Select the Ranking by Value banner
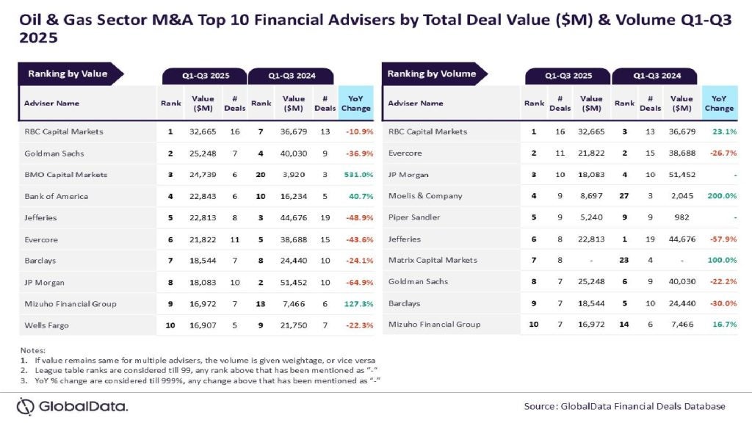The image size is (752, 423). [x=68, y=73]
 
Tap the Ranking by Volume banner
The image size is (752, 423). [x=431, y=73]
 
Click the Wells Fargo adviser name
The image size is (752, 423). [x=46, y=325]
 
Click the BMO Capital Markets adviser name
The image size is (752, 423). [x=65, y=175]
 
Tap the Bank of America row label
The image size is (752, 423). [x=56, y=196]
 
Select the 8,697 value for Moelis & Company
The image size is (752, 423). [x=590, y=196]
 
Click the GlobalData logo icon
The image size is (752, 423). [x=26, y=406]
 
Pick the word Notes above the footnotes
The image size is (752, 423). [x=32, y=351]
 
